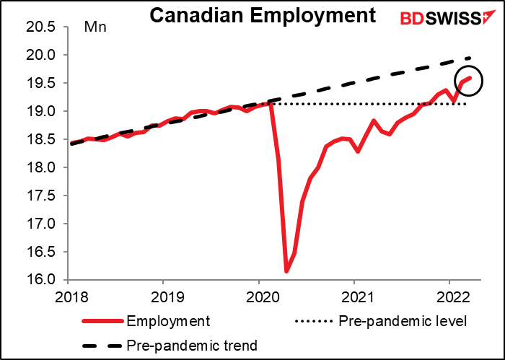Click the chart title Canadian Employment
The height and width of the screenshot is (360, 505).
(x=262, y=16)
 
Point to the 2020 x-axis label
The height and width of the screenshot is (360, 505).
(x=259, y=295)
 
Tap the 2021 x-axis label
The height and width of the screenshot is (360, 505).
(x=354, y=295)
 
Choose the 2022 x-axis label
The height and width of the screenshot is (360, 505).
(x=449, y=295)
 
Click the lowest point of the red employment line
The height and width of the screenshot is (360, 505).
(x=286, y=271)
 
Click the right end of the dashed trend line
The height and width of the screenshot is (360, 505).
(x=471, y=58)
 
